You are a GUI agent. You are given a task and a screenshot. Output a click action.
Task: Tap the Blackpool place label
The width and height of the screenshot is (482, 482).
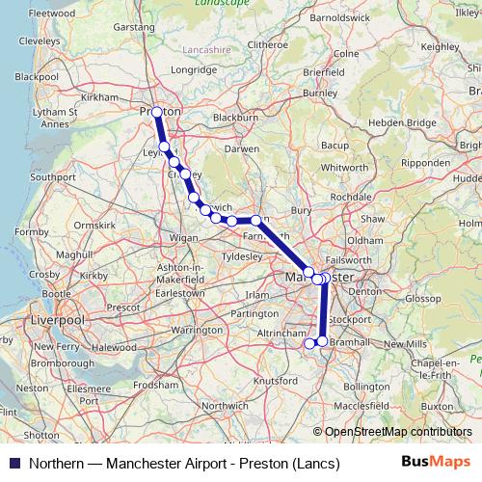tap(37, 75)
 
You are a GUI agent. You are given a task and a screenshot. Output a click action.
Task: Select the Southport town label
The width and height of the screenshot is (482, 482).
tap(52, 177)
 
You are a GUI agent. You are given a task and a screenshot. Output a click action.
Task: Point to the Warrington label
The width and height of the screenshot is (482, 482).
tap(196, 330)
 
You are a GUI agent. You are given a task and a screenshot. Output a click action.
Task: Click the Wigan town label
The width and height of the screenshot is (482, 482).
tap(182, 237)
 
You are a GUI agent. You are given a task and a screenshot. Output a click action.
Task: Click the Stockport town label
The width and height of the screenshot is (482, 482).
tap(349, 318)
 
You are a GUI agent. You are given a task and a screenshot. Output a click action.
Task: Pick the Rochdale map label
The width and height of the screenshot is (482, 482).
tap(344, 196)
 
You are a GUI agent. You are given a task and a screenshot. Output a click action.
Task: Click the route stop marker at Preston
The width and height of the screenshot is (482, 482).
tap(158, 112)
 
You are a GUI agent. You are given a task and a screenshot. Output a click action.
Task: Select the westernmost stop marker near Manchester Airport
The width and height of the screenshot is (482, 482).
tap(310, 342)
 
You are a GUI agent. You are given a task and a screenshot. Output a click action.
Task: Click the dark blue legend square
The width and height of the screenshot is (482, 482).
tap(14, 464)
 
